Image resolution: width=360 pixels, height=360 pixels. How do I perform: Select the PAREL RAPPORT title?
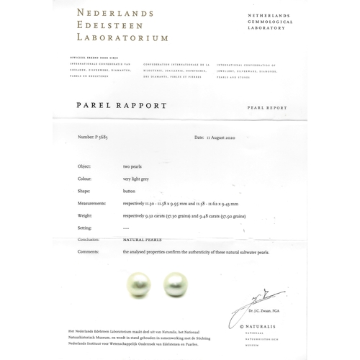[121, 105]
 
